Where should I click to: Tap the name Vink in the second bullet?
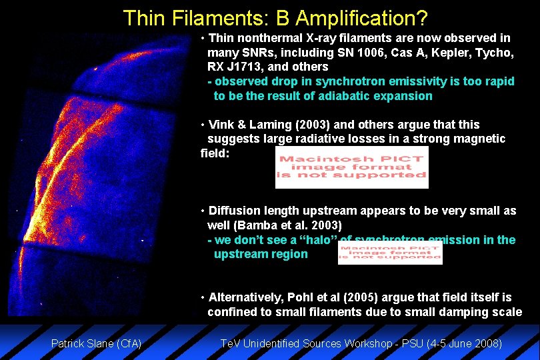(222, 125)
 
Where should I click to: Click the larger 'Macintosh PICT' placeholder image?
(351, 167)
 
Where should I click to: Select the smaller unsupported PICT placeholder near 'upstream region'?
(389, 253)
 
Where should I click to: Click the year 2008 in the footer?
(487, 344)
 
